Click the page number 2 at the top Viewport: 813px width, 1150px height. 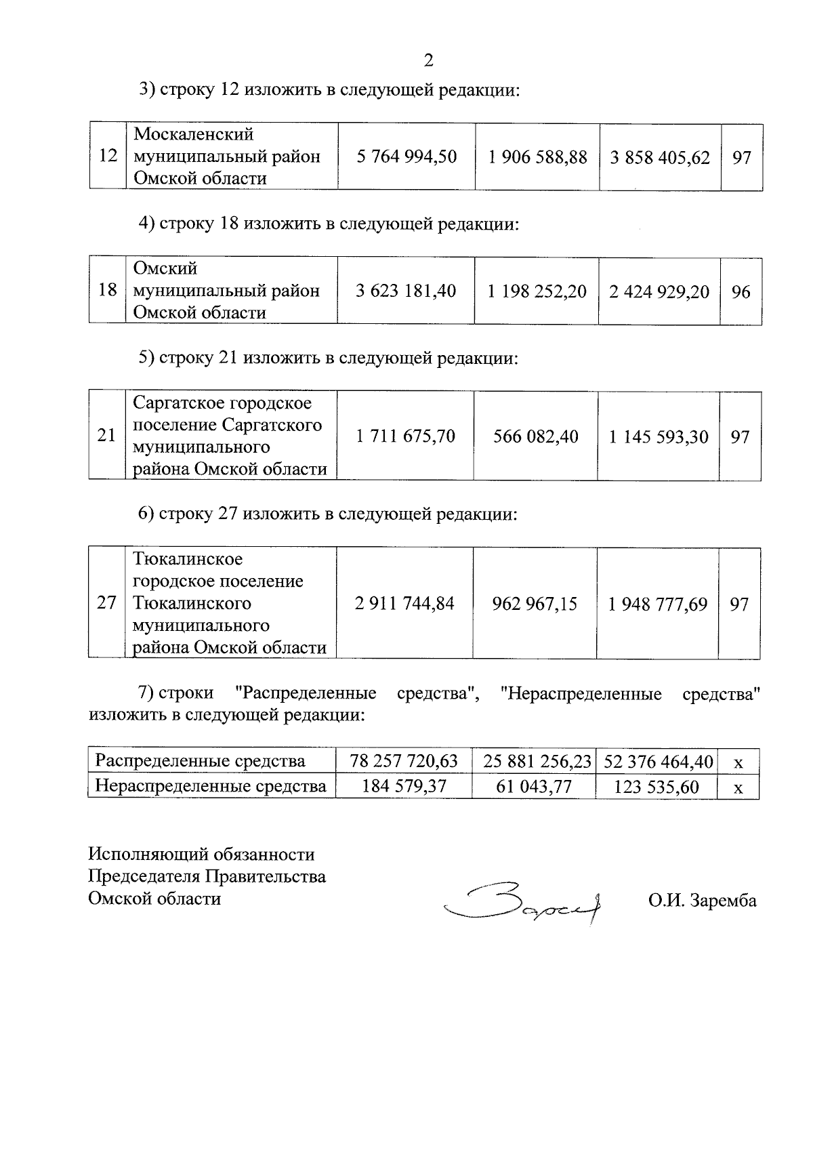point(428,60)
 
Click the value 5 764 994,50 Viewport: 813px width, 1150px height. point(406,157)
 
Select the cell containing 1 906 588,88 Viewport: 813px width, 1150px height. point(537,157)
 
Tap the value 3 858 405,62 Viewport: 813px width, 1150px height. point(660,158)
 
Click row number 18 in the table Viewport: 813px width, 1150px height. point(107,291)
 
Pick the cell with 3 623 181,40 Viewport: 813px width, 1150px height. point(406,291)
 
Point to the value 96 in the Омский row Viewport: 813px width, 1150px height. point(741,292)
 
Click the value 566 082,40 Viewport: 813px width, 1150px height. point(535,436)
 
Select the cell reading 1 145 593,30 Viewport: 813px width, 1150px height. point(658,437)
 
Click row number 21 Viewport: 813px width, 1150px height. point(106,436)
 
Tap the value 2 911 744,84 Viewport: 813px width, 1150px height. point(404,603)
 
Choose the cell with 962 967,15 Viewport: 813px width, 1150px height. point(535,604)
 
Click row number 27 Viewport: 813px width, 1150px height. point(106,603)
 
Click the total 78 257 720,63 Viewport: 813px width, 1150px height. point(404,761)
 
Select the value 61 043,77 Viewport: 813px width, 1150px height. point(534,787)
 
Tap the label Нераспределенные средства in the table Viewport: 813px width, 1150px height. point(211,786)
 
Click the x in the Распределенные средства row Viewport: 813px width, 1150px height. point(738,762)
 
